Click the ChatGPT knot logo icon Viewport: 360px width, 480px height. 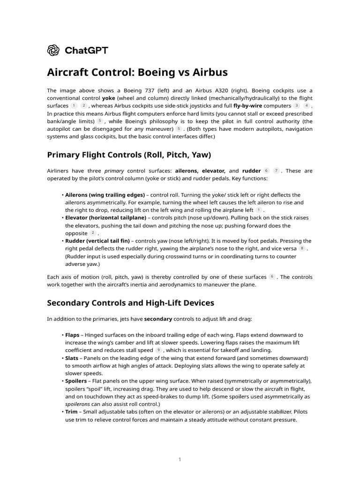coord(53,50)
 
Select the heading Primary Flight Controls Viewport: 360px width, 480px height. coord(129,155)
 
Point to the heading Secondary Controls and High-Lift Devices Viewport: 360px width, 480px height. coord(131,303)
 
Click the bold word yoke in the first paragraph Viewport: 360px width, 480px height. coord(108,98)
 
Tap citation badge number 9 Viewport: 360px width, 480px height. coord(158,350)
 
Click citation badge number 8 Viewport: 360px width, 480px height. coord(302,248)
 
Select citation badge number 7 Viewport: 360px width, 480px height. coord(277,171)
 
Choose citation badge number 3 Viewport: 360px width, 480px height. coord(296,106)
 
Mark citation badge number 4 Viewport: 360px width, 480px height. coord(306,106)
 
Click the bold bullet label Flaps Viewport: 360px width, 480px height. coord(72,335)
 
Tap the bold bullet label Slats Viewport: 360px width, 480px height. coord(72,358)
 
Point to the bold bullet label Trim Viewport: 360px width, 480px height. coord(71,412)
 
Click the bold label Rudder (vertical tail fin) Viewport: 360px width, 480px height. coord(97,241)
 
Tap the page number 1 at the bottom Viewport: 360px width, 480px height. coord(180,460)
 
